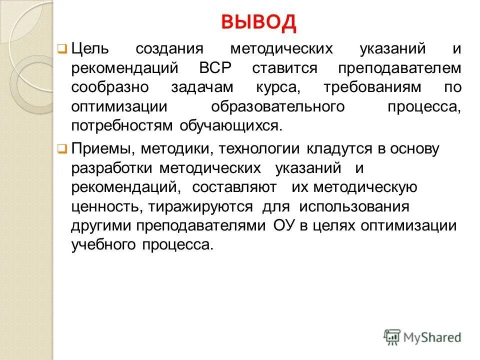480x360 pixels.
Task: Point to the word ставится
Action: click(x=284, y=68)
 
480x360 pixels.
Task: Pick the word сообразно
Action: click(x=110, y=87)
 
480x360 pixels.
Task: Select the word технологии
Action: click(x=253, y=149)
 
